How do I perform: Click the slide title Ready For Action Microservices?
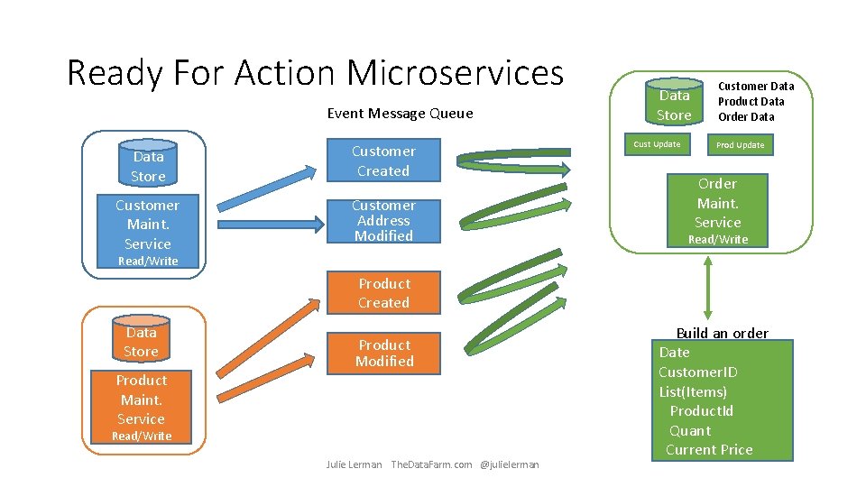(x=315, y=72)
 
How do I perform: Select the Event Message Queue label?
(x=400, y=114)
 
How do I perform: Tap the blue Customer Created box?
(x=383, y=161)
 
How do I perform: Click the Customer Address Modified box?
(x=383, y=221)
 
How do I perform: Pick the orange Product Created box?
(x=383, y=293)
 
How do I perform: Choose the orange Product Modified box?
(x=383, y=354)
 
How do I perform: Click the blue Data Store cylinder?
(x=148, y=165)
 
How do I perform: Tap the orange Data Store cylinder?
(x=141, y=341)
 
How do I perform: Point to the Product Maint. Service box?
(x=142, y=400)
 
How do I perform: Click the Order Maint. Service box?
(x=718, y=204)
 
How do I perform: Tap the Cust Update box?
(x=657, y=144)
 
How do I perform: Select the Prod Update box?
(x=740, y=145)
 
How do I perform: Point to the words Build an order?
(x=722, y=333)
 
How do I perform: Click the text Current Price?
(x=709, y=450)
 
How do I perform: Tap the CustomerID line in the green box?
(x=697, y=372)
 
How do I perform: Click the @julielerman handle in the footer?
(x=510, y=464)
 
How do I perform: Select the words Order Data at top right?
(x=746, y=116)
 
